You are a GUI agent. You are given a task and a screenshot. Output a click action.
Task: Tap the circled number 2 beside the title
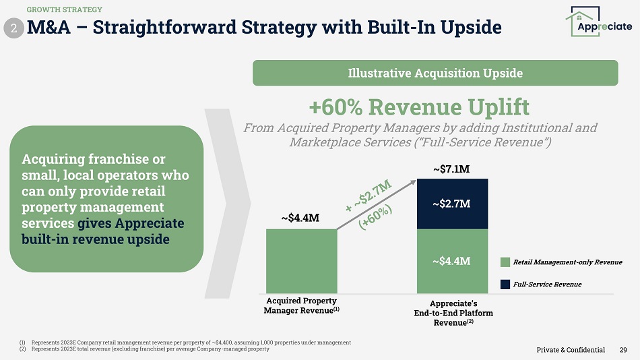pos(14,28)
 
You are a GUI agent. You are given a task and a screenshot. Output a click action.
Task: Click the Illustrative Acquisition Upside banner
pos(435,73)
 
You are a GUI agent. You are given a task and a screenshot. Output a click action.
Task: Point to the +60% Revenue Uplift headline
pos(418,107)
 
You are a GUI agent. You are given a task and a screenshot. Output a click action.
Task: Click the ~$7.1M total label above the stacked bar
pos(451,169)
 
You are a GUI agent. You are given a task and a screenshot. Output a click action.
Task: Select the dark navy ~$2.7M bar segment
pos(451,204)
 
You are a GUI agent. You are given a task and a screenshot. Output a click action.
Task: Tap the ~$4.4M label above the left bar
pos(300,218)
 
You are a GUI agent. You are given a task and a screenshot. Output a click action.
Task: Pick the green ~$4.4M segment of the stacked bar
pos(451,260)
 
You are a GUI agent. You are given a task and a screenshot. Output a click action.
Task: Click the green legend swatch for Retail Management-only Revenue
pos(506,262)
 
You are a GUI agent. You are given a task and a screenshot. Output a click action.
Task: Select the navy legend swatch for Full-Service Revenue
pos(506,284)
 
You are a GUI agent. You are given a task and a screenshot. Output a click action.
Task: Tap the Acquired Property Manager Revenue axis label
pos(301,305)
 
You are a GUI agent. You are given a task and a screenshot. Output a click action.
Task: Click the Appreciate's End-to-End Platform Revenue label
pos(452,313)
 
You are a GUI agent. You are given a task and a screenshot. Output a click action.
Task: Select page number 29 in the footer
pos(623,349)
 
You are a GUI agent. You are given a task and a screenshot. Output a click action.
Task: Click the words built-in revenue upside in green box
pos(96,240)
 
